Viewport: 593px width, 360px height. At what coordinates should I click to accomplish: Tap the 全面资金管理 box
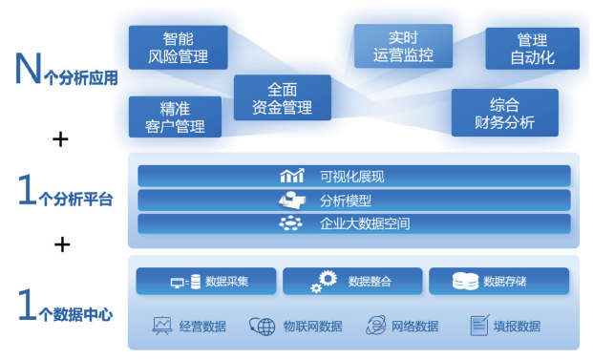(x=283, y=97)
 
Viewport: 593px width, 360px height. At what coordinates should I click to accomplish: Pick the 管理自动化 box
(x=532, y=49)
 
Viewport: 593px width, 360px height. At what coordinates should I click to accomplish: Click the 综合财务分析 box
(x=504, y=113)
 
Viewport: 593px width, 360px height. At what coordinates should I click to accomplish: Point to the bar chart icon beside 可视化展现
(x=291, y=176)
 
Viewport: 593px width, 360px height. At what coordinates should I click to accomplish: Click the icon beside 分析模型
(x=290, y=200)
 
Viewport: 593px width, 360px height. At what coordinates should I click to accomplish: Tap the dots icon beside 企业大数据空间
(x=290, y=223)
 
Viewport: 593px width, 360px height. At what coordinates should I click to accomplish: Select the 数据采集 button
(x=206, y=282)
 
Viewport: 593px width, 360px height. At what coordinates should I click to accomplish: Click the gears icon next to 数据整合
(x=326, y=282)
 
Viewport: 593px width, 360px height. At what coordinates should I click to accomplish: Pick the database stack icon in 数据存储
(x=465, y=282)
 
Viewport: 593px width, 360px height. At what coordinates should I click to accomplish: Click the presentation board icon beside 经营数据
(x=161, y=326)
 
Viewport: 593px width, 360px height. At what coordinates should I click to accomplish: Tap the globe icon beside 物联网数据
(x=262, y=326)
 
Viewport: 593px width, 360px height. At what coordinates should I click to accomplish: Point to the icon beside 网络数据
(x=375, y=326)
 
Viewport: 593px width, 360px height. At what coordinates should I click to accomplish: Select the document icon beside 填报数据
(x=478, y=326)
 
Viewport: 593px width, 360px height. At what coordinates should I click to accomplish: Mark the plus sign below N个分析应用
(x=60, y=139)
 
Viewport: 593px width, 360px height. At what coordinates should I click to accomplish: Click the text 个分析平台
(x=79, y=201)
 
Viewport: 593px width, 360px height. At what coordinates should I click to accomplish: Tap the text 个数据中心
(x=79, y=312)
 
